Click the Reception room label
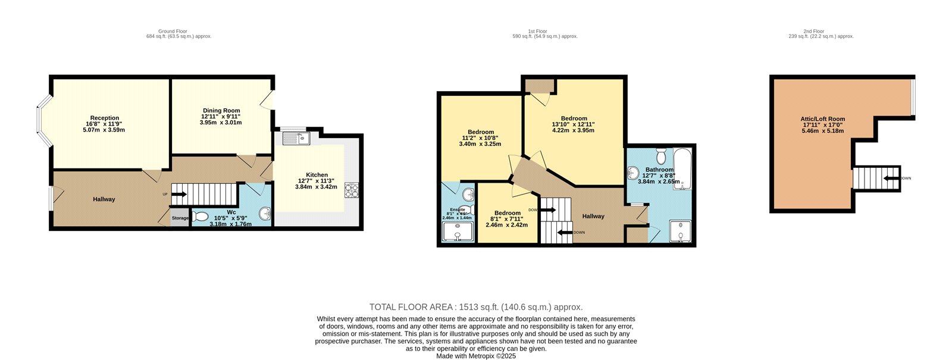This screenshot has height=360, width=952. pos(105,118)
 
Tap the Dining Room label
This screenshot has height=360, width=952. pos(221,110)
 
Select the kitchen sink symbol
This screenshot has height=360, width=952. pos(295,139)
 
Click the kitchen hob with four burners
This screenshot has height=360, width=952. pos(351,190)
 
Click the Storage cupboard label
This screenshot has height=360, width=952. pos(180,218)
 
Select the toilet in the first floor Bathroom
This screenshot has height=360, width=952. pos(660,156)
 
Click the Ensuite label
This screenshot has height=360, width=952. pos(457,209)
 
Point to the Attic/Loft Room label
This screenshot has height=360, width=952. pos(822,119)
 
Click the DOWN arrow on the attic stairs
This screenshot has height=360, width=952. pos(891,178)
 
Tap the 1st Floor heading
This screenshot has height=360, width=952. pos(537,31)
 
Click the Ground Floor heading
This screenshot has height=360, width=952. pos(173,31)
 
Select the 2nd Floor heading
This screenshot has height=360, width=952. pos(813,31)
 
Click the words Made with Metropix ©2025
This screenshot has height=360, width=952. pos(476,356)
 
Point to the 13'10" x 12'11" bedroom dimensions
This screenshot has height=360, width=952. pos(574,124)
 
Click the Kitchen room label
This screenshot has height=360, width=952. pos(317,174)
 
